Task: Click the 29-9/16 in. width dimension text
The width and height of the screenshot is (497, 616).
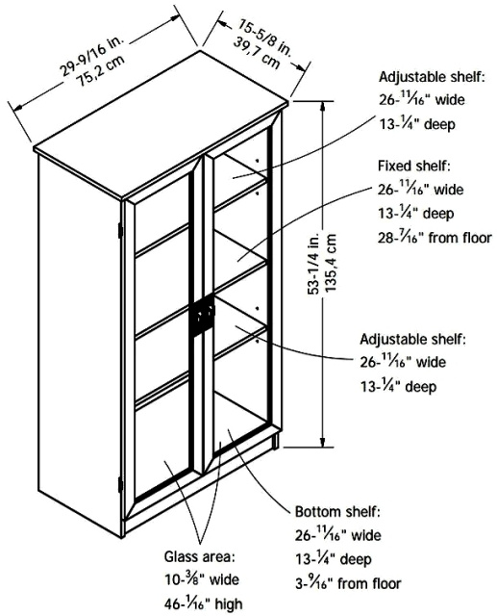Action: (92, 56)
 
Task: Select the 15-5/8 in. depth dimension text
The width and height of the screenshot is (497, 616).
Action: (263, 38)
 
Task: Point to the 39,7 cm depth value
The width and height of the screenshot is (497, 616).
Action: (257, 52)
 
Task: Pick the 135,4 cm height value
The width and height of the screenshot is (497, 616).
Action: (331, 263)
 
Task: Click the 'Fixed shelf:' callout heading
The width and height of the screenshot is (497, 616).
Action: (413, 166)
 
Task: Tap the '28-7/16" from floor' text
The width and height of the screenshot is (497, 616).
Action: (435, 238)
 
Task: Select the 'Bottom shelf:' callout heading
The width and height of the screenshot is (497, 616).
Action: (337, 512)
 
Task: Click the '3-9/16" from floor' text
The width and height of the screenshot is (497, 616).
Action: (348, 583)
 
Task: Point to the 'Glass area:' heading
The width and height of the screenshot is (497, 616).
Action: (199, 556)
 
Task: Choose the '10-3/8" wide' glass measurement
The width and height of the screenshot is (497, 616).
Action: (201, 579)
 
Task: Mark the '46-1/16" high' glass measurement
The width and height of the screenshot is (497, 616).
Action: (203, 603)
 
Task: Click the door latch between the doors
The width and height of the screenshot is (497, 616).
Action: (204, 315)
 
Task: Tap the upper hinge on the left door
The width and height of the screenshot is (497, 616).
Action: (120, 230)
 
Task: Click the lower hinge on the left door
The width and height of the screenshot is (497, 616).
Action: (120, 485)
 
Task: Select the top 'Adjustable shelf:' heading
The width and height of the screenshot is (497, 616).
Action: (432, 77)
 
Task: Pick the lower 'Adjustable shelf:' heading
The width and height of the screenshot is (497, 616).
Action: (413, 339)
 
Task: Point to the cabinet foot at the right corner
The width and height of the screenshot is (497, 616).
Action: (276, 441)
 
